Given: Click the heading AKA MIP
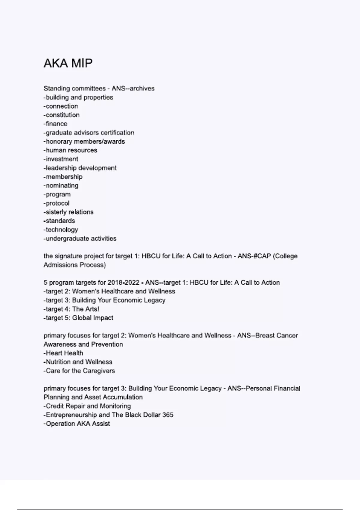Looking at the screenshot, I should point(68,63).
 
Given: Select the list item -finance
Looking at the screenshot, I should point(55,124).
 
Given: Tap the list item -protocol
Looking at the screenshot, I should point(56,203).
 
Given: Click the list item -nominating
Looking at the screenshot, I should point(61,186).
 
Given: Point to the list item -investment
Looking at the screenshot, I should point(61,159).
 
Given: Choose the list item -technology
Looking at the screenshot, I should point(61,230).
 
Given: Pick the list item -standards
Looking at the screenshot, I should point(59,221).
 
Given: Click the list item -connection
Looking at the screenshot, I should point(61,106).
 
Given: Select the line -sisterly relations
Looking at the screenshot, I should point(69,212).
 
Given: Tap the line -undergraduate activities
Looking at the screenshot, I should point(80,239).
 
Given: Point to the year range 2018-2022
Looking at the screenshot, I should point(124,283).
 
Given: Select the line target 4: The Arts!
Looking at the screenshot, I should point(71,309).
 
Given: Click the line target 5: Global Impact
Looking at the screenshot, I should point(79,318).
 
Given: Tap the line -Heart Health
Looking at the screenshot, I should point(64,353).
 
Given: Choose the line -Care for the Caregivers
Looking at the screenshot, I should point(79,371).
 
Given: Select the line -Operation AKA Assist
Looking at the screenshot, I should point(77,424).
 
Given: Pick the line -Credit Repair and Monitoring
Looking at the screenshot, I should point(87,406).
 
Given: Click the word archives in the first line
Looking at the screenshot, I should point(142,89).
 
